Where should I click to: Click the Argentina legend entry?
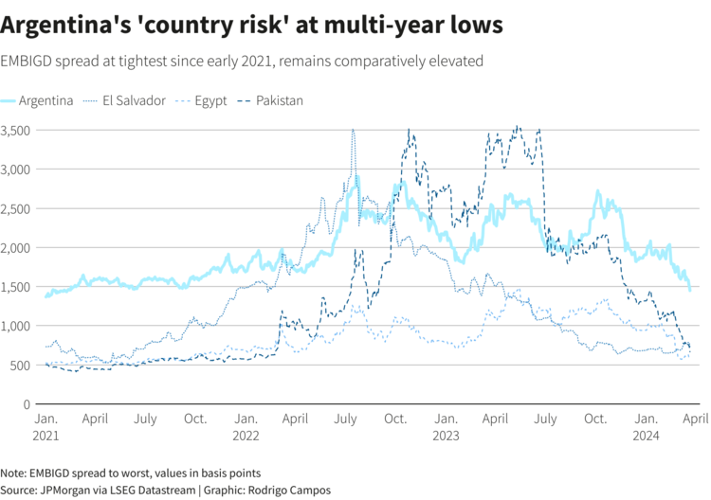point(46,100)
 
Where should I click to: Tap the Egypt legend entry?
point(210,100)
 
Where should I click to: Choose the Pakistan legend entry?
point(279,100)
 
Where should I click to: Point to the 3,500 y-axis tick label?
point(16,130)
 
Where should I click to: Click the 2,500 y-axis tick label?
point(16,208)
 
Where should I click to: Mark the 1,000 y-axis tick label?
point(16,326)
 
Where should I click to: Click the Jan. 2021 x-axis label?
point(45,426)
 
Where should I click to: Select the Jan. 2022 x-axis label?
point(246,426)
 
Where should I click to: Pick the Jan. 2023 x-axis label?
point(445,426)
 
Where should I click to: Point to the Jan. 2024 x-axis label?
point(646,426)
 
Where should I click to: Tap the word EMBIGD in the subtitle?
point(28,62)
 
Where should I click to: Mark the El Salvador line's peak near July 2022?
point(353,131)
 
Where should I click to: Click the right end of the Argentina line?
point(689,288)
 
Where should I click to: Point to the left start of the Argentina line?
point(46,296)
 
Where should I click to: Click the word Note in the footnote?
point(13,473)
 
